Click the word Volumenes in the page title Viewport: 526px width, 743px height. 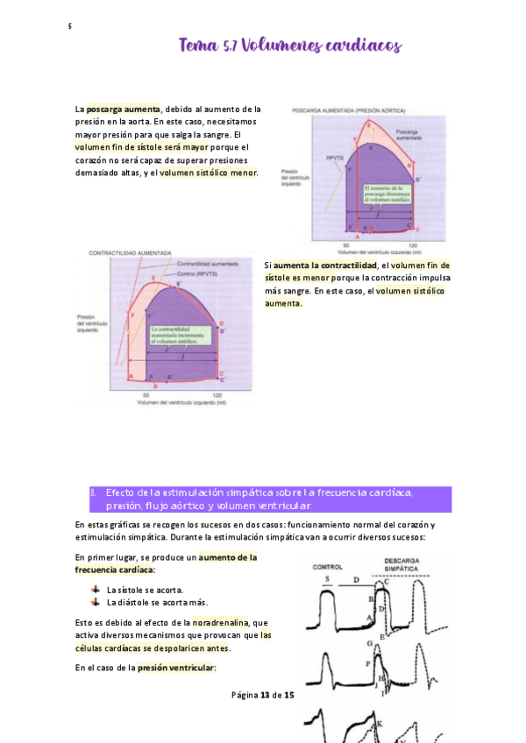click(x=280, y=45)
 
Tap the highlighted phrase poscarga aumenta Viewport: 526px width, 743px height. click(x=123, y=110)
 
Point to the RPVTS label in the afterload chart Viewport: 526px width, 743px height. click(x=334, y=157)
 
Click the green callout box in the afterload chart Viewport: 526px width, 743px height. click(x=384, y=194)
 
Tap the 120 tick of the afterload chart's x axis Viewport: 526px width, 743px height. click(x=412, y=244)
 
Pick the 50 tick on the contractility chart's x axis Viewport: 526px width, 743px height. click(x=146, y=396)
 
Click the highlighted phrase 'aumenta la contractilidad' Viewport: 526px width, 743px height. click(x=325, y=265)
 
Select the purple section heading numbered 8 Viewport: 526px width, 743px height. click(x=271, y=499)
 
